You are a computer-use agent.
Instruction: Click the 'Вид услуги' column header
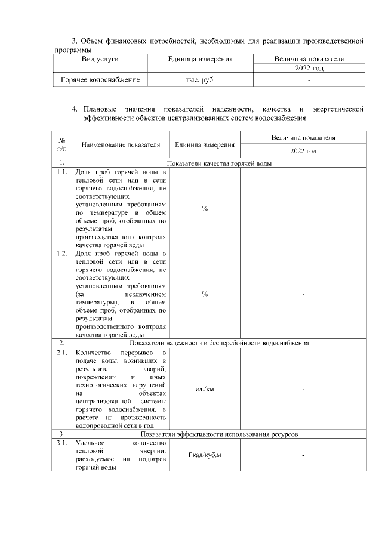100,60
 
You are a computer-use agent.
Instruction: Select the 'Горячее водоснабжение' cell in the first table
100,79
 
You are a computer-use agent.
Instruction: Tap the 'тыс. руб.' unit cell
201,79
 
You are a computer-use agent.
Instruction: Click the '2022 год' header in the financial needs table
309,69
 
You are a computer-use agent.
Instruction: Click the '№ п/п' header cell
61,144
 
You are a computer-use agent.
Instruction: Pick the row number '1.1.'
61,172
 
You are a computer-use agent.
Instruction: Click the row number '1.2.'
61,254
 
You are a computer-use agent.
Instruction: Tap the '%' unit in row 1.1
205,208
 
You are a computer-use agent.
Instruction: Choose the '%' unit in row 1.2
205,294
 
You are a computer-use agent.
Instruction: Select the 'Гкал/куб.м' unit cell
205,455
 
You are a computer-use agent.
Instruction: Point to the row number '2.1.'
61,353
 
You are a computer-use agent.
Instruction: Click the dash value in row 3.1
303,456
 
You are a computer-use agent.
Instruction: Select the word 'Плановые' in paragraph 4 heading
101,109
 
